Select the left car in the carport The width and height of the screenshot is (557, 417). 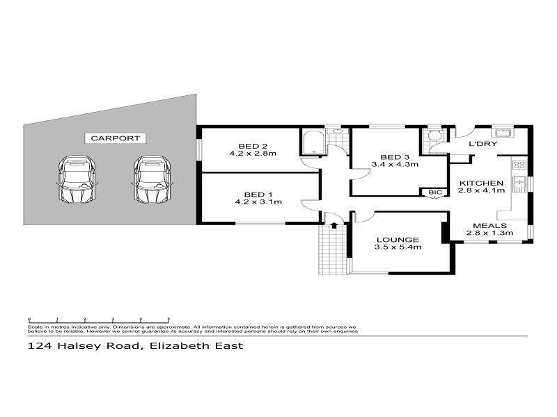[x=77, y=179]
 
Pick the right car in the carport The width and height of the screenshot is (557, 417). [x=152, y=179]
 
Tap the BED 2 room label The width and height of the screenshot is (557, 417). [x=249, y=145]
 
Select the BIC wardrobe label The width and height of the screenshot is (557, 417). [x=435, y=192]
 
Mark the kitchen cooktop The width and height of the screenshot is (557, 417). [x=519, y=165]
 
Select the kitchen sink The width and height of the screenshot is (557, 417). [x=519, y=184]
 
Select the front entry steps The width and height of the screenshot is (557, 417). [x=333, y=251]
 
